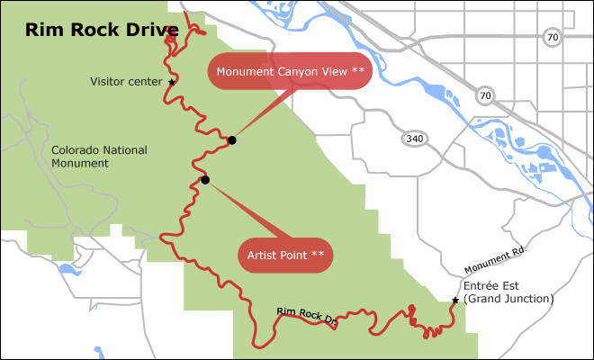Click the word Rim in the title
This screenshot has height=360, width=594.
click(x=41, y=31)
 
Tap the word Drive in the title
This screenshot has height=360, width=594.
click(x=149, y=31)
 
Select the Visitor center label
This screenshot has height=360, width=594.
click(x=126, y=81)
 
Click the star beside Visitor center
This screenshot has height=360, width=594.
click(x=172, y=81)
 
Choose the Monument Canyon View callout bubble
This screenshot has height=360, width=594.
click(x=290, y=71)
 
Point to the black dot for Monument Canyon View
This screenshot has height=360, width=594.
click(x=232, y=139)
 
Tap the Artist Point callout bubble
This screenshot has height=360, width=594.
click(x=285, y=255)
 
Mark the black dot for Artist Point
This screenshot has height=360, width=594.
click(x=205, y=180)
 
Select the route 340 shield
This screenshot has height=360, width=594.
click(x=415, y=139)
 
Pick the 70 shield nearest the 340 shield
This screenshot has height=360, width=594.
click(x=486, y=94)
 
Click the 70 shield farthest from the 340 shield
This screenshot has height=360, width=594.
click(x=552, y=37)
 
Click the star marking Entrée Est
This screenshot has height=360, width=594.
click(x=455, y=301)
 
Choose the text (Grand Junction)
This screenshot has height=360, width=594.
click(x=508, y=299)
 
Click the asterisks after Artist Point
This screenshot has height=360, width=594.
click(x=318, y=255)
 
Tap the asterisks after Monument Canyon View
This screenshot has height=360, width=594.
click(x=358, y=71)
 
